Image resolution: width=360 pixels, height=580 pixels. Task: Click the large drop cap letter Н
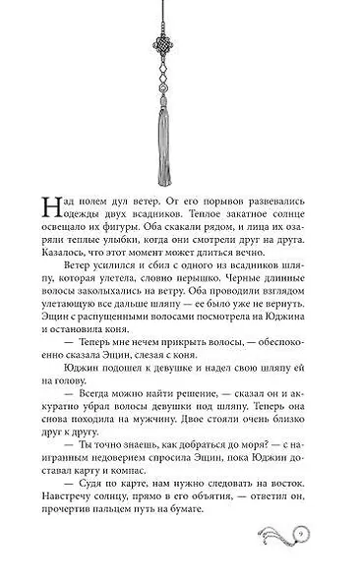pyautogui.click(x=51, y=203)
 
